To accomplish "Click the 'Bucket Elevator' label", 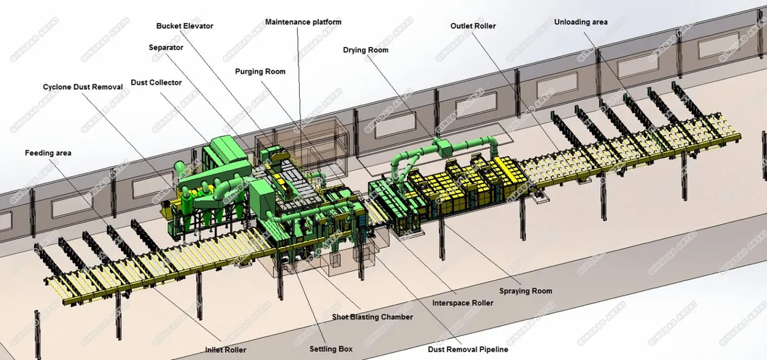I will (185, 26).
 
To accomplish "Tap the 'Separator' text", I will (166, 48).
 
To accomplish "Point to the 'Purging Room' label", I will (260, 72).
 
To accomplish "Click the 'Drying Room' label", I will (366, 50).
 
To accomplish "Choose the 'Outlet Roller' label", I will (473, 26).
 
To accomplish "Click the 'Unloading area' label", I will (581, 22).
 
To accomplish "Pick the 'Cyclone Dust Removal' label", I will (83, 87).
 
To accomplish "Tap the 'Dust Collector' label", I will (156, 83).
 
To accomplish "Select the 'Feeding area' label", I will (48, 154).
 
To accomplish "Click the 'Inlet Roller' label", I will (225, 350).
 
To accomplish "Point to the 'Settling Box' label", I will (331, 349).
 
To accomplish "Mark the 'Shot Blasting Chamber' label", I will (372, 317).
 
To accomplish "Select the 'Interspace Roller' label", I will (462, 303).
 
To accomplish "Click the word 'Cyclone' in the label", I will (58, 87).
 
